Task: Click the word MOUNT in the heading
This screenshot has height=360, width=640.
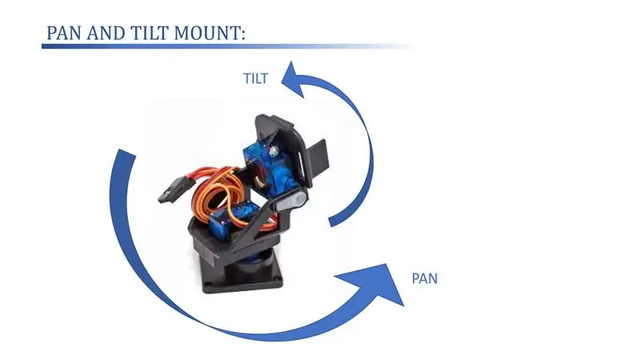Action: (x=207, y=33)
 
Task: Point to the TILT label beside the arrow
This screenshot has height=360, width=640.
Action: (x=255, y=78)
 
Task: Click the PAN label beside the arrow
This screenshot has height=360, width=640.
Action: (x=425, y=278)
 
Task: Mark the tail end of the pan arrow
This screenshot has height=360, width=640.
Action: (x=126, y=153)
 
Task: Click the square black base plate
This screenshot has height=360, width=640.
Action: (x=243, y=277)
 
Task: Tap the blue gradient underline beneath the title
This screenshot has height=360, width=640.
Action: (x=229, y=46)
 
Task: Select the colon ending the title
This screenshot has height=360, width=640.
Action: (x=244, y=34)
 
